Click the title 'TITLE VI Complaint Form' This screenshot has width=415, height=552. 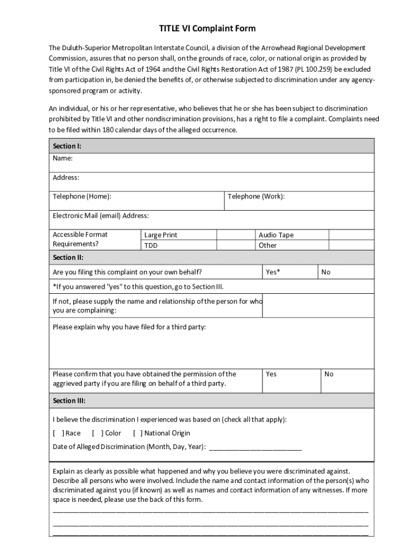pos(207,29)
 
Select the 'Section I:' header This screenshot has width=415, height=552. pos(67,146)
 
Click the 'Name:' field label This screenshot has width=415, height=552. pos(63,158)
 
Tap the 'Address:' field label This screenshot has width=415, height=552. pos(66,177)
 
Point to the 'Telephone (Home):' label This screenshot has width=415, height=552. pos(82,196)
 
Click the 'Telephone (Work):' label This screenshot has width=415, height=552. pos(256,196)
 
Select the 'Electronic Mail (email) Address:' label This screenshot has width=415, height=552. pos(101,216)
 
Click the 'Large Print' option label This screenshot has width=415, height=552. pos(161,235)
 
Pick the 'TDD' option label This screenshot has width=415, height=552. pos(151,245)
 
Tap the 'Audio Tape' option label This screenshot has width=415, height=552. pos(276,235)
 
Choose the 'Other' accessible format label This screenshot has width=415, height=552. pos(267,245)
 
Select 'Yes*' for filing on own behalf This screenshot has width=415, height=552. pos(273,272)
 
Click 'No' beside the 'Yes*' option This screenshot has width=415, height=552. pos(326,272)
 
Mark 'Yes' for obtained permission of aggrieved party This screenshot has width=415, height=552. pos(271,374)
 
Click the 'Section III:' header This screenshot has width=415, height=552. pos(69,401)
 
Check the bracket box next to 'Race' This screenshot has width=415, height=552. pos(58,433)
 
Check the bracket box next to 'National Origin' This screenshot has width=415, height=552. pos(138,433)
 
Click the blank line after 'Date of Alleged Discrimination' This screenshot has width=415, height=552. pos(255,447)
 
